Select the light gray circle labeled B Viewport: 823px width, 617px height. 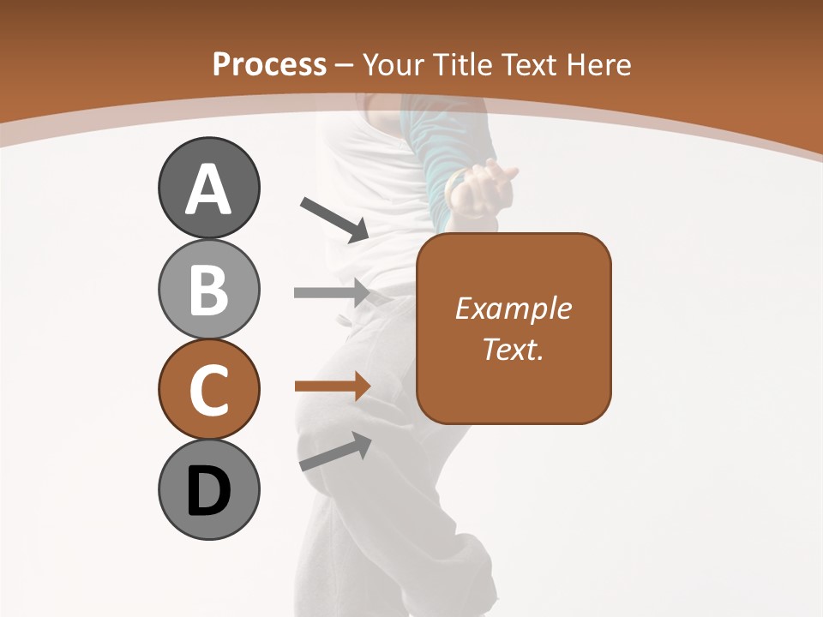[208, 289]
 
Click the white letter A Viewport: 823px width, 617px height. [208, 189]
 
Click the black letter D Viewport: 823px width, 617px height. [208, 492]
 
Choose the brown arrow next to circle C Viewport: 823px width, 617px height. [332, 386]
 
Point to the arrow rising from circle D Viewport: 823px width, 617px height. [335, 452]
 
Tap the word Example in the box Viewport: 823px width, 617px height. [513, 308]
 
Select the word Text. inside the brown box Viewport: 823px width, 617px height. [513, 349]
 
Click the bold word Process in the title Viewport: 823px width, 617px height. [269, 64]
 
